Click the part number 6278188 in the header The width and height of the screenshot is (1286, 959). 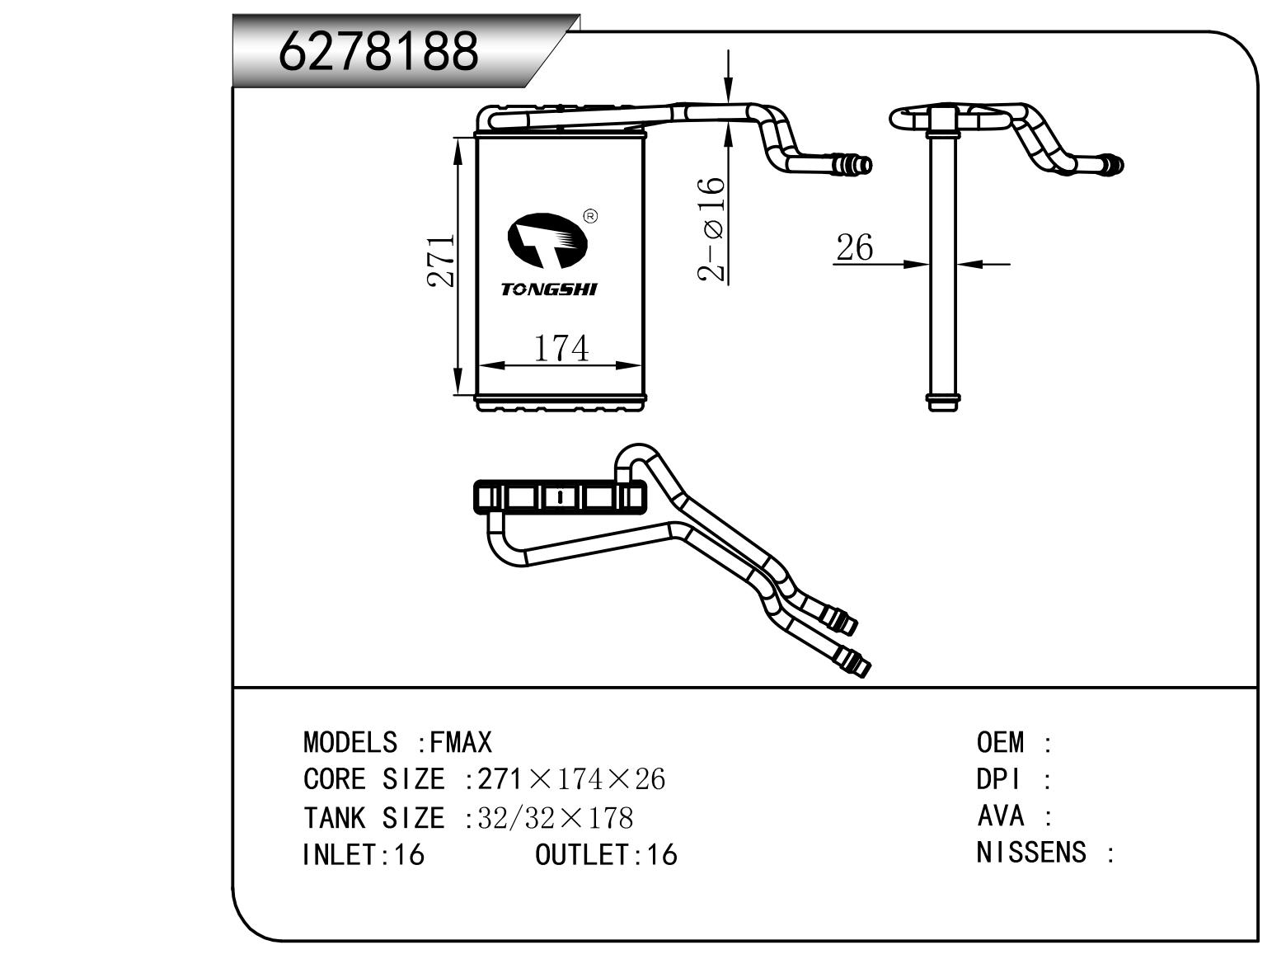[x=379, y=51]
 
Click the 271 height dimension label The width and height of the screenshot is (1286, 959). [x=442, y=261]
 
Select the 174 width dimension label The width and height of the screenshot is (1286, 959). [x=561, y=348]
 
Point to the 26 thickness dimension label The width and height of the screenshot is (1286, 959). [x=854, y=247]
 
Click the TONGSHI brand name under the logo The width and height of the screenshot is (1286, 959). [x=549, y=289]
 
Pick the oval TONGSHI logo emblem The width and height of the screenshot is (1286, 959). [x=547, y=240]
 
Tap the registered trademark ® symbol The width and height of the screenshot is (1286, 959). [x=590, y=217]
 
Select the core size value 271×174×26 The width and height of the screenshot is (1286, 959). [x=571, y=779]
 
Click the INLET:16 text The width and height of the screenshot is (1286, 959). [x=364, y=854]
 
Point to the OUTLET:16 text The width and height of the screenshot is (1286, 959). [x=606, y=854]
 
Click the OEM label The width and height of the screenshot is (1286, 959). [x=1001, y=743]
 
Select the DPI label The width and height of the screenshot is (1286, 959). [x=998, y=779]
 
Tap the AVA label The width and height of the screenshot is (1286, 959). [x=1000, y=816]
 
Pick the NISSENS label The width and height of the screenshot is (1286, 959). [x=1031, y=853]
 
